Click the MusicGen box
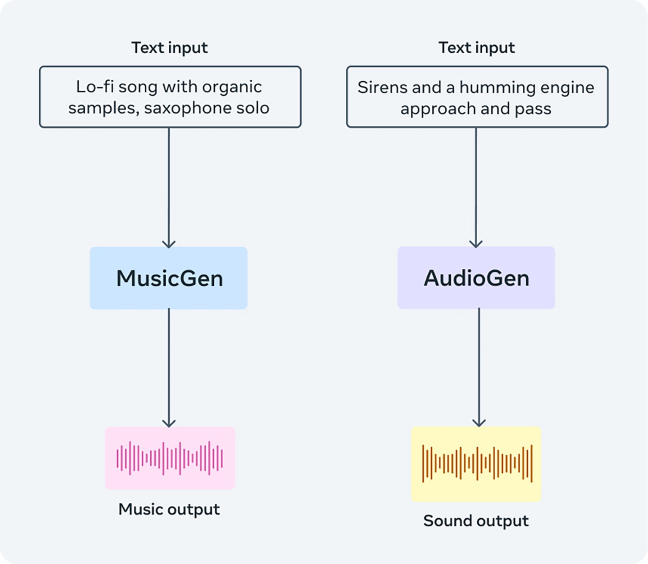pyautogui.click(x=169, y=278)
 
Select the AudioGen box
pyautogui.click(x=476, y=278)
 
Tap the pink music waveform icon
pyautogui.click(x=170, y=458)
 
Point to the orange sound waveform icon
pyautogui.click(x=477, y=463)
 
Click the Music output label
pyautogui.click(x=169, y=509)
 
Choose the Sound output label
pyautogui.click(x=476, y=521)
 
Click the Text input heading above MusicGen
pyautogui.click(x=170, y=48)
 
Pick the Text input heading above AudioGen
pyautogui.click(x=477, y=48)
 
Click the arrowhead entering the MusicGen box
pyautogui.click(x=169, y=244)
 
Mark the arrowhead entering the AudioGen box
pyautogui.click(x=476, y=244)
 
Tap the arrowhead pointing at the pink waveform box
pyautogui.click(x=169, y=423)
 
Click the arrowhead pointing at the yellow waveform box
pyautogui.click(x=479, y=423)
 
